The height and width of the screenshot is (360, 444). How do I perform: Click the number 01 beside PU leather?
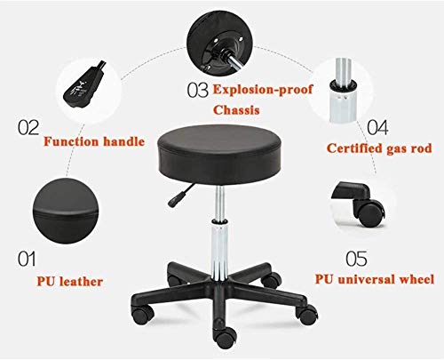pyautogui.click(x=27, y=259)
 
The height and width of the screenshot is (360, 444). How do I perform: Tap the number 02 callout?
pyautogui.click(x=28, y=128)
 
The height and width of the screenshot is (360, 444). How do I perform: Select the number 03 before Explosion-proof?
pyautogui.click(x=198, y=90)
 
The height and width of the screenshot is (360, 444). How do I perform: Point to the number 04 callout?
pyautogui.click(x=377, y=128)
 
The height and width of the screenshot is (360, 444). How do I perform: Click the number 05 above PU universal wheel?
pyautogui.click(x=356, y=259)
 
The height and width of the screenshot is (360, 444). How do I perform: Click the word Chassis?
pyautogui.click(x=236, y=110)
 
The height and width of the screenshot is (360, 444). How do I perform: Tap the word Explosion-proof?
pyautogui.click(x=263, y=90)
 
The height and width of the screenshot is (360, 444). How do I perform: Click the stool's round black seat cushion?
pyautogui.click(x=218, y=154)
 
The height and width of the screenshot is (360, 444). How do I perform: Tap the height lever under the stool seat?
pyautogui.click(x=180, y=196)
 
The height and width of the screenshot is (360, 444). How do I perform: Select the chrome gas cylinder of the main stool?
pyautogui.click(x=218, y=234)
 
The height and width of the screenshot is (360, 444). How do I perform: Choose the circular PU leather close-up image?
pyautogui.click(x=66, y=210)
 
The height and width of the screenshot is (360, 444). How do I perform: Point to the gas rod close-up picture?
pyautogui.click(x=343, y=90)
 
